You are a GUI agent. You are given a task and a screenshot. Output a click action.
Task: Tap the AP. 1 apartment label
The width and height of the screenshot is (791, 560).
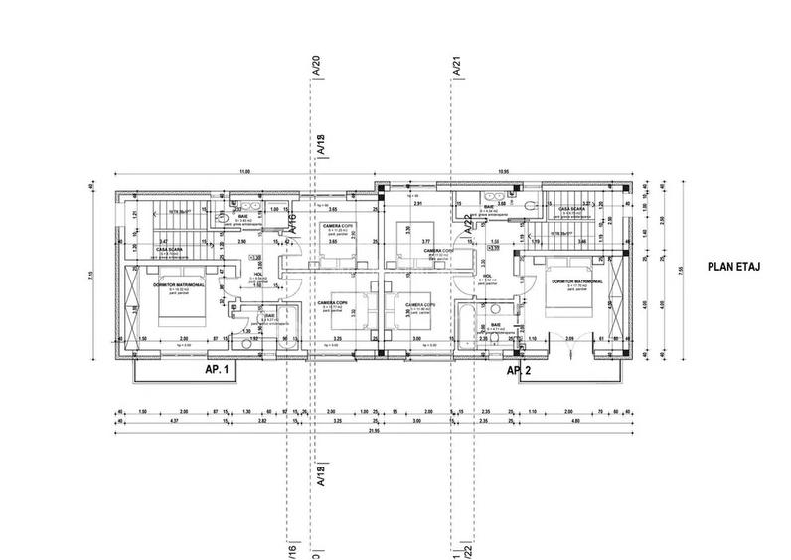(217, 369)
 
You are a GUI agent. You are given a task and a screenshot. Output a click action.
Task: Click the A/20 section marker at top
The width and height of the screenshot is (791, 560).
(316, 67)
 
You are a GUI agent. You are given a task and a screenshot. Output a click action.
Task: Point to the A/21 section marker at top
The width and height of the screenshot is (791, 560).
(456, 67)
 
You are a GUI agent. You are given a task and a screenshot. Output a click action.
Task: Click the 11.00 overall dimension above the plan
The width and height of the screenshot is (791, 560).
(243, 171)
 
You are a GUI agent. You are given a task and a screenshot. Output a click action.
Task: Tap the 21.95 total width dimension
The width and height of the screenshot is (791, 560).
(377, 432)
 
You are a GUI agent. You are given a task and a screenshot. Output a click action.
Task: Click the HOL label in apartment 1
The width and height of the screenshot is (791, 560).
(258, 274)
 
